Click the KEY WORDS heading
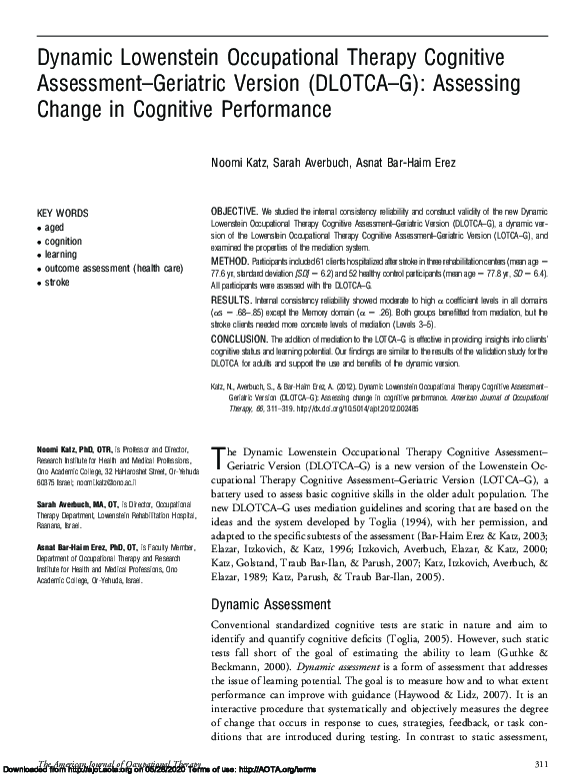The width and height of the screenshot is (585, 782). [x=62, y=214]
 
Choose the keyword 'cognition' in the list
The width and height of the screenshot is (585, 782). [x=63, y=241]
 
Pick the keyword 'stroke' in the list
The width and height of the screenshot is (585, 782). [x=58, y=283]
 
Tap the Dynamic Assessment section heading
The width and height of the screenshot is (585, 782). [x=271, y=604]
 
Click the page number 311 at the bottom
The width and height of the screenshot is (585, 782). [x=543, y=763]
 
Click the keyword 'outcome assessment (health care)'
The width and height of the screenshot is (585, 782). [x=114, y=269]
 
